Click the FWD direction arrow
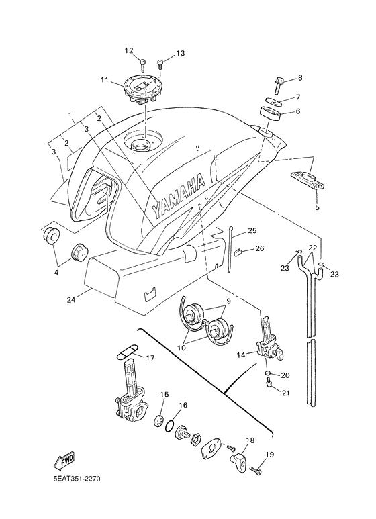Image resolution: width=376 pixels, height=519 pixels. [64, 461]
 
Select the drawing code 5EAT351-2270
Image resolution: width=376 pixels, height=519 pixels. [77, 479]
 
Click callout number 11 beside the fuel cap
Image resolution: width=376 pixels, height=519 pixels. [105, 79]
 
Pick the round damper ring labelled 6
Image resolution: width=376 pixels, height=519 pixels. [271, 113]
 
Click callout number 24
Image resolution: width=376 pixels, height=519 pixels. [70, 300]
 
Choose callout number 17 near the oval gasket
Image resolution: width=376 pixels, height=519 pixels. [150, 358]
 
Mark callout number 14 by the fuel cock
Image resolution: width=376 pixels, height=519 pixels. [240, 355]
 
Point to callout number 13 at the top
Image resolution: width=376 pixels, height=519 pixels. [181, 53]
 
